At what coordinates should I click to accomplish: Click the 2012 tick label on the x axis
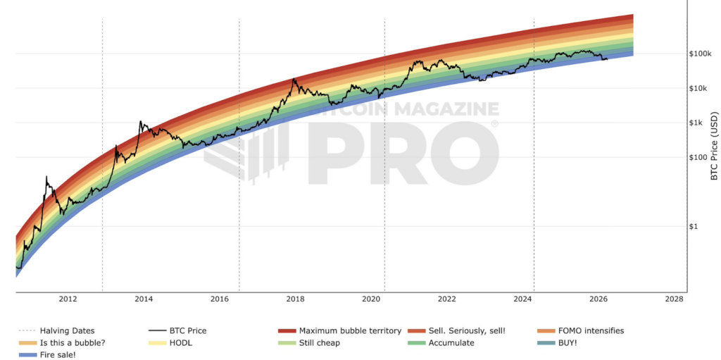click(68, 299)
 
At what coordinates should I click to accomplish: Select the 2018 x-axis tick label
click(295, 299)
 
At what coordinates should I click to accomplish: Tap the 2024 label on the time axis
click(522, 299)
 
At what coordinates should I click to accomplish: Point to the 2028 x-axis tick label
click(674, 299)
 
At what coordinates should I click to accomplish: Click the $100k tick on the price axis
click(701, 54)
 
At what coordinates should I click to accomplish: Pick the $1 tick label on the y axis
click(696, 226)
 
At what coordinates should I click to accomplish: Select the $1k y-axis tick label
click(697, 123)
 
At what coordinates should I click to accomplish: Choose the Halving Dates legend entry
click(67, 330)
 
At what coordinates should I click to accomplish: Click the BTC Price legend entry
click(188, 330)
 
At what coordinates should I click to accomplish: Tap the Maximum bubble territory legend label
click(350, 330)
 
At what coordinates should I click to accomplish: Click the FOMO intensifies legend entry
click(590, 330)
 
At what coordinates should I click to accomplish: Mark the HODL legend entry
click(180, 342)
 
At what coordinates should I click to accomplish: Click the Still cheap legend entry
click(319, 342)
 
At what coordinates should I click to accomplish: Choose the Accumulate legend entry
click(451, 342)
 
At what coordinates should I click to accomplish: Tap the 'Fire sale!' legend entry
click(58, 354)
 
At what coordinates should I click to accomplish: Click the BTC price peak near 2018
click(294, 79)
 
